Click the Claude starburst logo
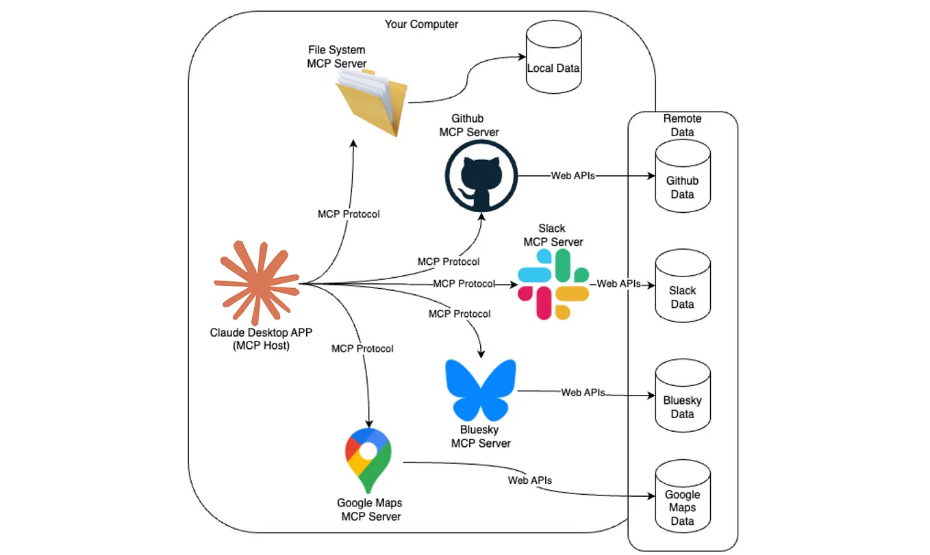coord(256,283)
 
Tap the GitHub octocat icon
coord(480,176)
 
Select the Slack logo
coord(553,284)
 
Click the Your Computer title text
coord(421,25)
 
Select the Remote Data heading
coord(682,125)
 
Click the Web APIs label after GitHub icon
coord(573,176)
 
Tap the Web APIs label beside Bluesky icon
coord(583,393)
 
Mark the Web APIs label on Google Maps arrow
coord(529,480)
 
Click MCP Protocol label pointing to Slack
coord(464,283)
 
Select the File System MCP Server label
coord(336,57)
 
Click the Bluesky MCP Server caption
coord(481,437)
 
